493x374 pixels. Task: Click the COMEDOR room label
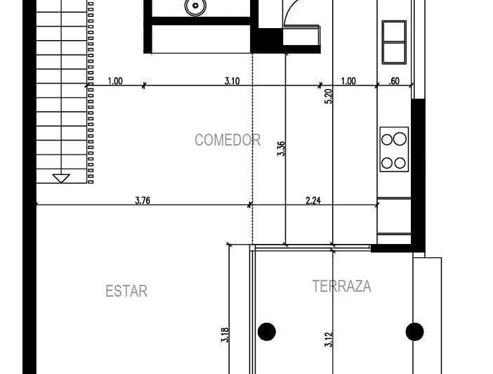(x=228, y=140)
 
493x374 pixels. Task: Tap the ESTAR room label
(x=126, y=291)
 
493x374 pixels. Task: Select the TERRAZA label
(x=342, y=286)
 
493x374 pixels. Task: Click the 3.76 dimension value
(x=143, y=200)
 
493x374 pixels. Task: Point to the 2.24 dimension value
(x=313, y=200)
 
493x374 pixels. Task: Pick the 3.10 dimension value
(x=232, y=81)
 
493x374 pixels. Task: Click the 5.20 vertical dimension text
(x=328, y=96)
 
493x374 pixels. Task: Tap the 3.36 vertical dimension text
(x=281, y=148)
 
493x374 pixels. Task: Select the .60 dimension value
(x=394, y=81)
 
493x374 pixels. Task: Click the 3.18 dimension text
(x=225, y=335)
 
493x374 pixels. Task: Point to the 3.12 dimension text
(x=328, y=340)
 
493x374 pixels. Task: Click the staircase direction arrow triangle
(x=61, y=178)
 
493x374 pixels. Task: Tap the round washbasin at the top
(x=195, y=6)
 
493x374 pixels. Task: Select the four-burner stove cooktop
(x=394, y=149)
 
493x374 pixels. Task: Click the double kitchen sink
(x=394, y=42)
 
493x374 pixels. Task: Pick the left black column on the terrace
(x=267, y=332)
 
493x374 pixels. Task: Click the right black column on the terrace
(x=415, y=332)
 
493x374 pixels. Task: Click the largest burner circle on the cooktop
(x=400, y=138)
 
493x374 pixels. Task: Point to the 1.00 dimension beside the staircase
(x=115, y=81)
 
